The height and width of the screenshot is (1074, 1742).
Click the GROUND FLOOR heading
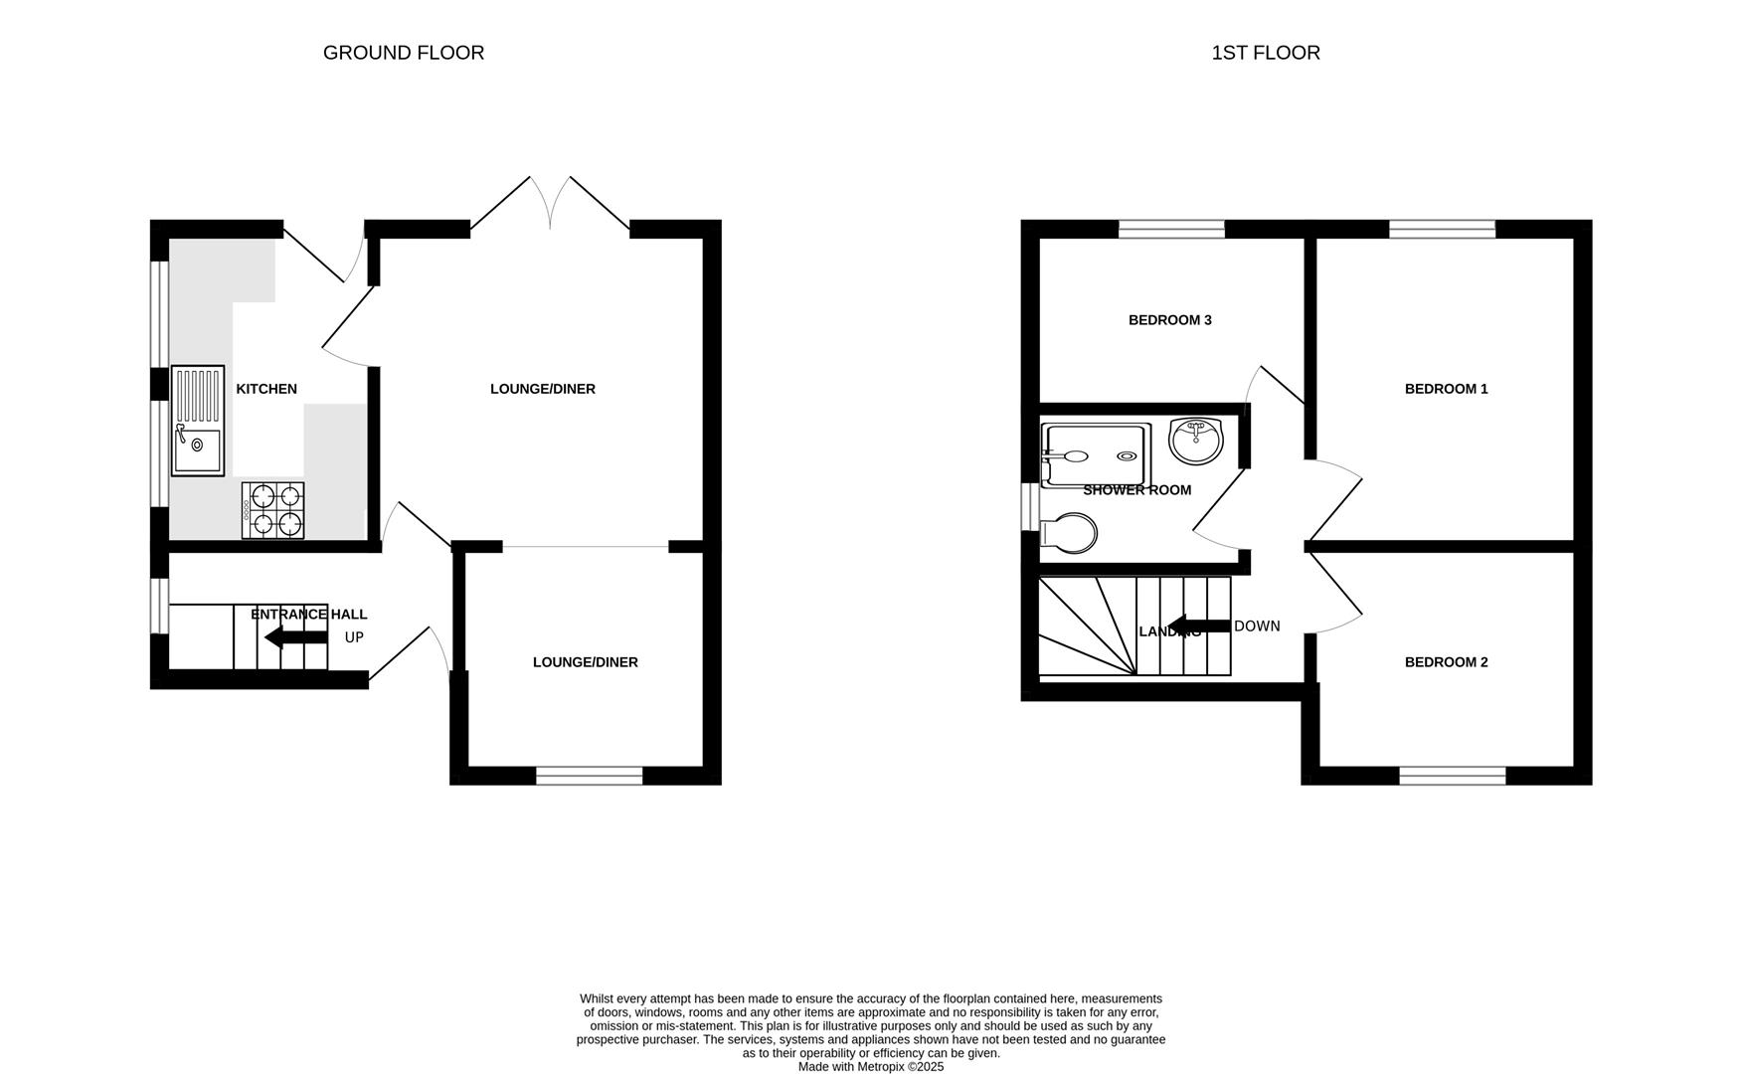[x=403, y=53]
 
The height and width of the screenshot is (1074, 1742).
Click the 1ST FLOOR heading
[x=1265, y=53]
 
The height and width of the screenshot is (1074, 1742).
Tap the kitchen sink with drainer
[x=198, y=421]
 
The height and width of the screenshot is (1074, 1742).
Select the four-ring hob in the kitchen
[x=272, y=510]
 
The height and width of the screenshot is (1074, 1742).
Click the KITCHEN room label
[x=266, y=389]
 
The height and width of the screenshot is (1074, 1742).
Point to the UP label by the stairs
[x=354, y=637]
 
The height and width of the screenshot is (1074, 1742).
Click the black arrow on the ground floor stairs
[x=295, y=637]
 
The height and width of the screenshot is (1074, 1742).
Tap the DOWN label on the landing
[x=1257, y=626]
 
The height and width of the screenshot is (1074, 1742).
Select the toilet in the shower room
[x=1069, y=534]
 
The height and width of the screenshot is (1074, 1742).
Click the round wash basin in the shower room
[x=1195, y=441]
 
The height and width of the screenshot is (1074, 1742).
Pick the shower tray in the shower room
[x=1095, y=455]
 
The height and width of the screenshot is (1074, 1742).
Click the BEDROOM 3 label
[x=1169, y=320]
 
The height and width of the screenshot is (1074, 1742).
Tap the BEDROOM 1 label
[x=1446, y=389]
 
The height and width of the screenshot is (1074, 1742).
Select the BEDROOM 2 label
[x=1446, y=662]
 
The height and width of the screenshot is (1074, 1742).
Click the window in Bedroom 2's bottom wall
[x=1452, y=776]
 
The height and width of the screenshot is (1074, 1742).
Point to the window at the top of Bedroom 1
[x=1442, y=230]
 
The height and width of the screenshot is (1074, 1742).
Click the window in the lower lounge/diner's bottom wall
[x=589, y=776]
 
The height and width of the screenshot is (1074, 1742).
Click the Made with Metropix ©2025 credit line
[x=870, y=1067]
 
